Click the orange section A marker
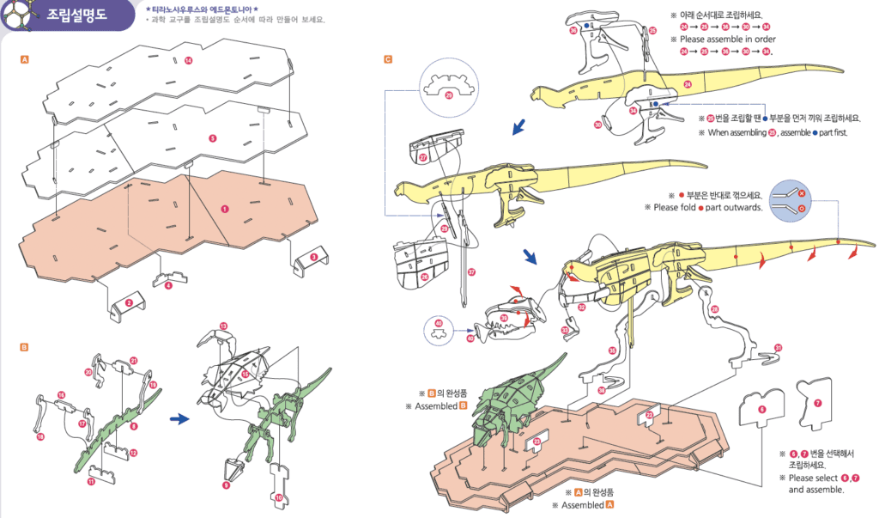tap(25, 60)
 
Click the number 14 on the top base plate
tap(188, 60)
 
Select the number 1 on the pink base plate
tap(225, 209)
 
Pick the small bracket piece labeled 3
tap(309, 259)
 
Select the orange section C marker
tap(388, 60)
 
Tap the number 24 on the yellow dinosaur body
tap(688, 84)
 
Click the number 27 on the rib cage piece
tap(423, 158)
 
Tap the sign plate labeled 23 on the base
tap(537, 440)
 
